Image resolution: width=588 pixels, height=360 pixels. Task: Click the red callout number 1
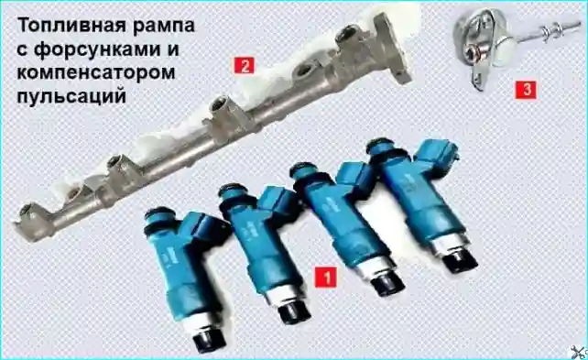325,278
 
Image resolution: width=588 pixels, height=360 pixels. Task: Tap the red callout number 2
245,66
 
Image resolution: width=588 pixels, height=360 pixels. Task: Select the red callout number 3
526,90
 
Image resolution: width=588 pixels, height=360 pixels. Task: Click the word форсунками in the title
101,50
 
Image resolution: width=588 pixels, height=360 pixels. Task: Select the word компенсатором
96,73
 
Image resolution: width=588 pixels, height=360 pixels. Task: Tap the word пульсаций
71,96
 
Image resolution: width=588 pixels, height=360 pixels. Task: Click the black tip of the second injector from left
294,311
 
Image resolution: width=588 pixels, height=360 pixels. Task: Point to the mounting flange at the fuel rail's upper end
394,48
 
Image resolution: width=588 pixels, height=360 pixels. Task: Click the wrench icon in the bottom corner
579,352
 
